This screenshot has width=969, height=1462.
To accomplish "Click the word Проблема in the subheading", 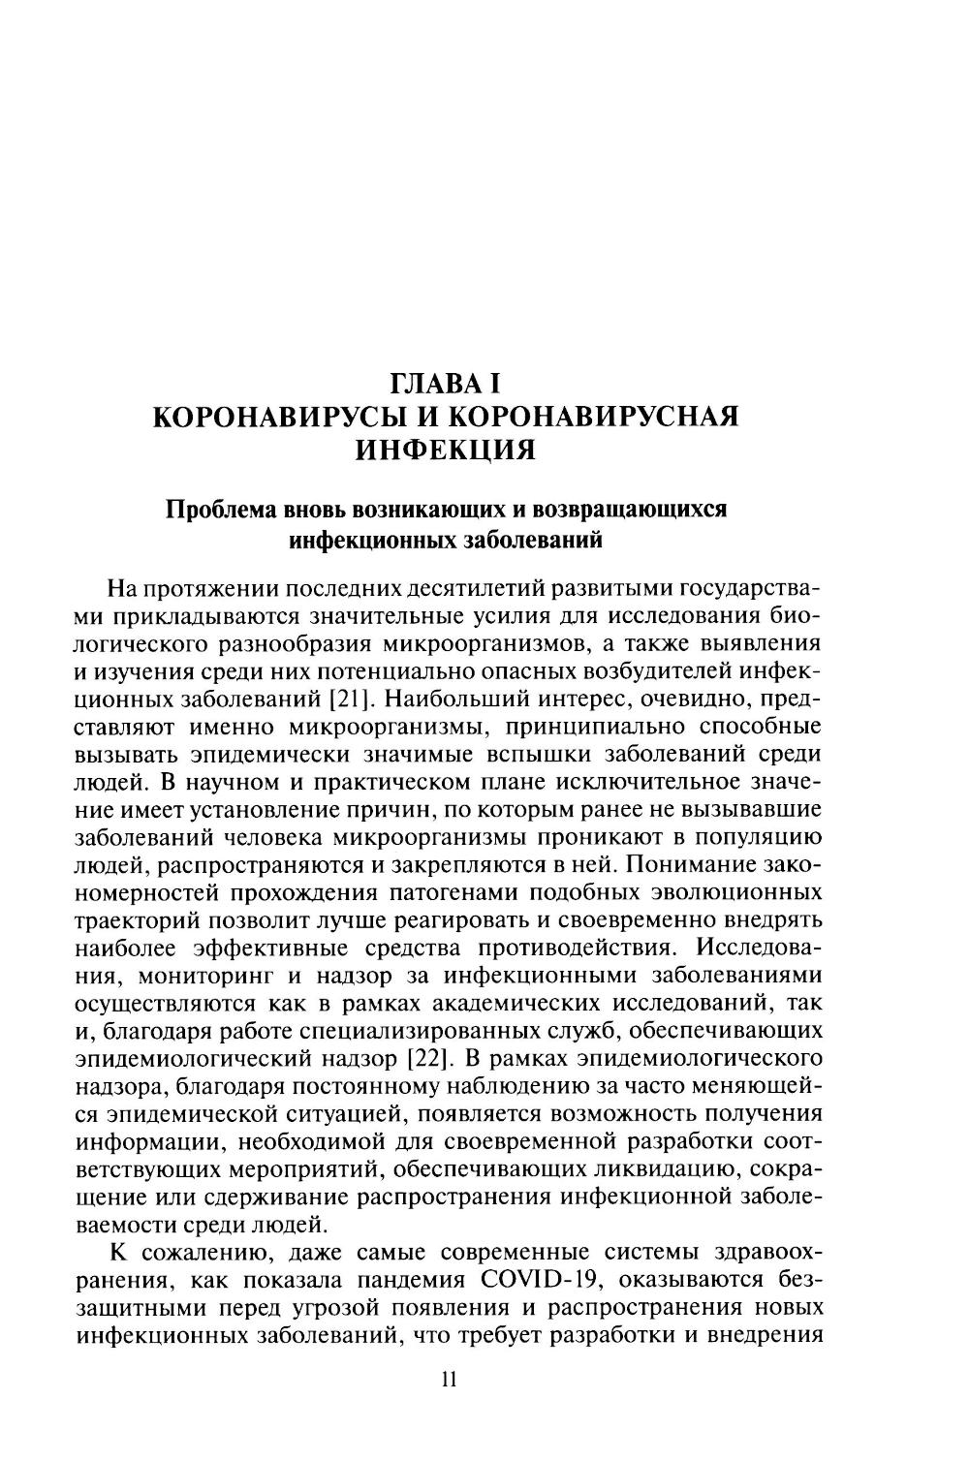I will [221, 510].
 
